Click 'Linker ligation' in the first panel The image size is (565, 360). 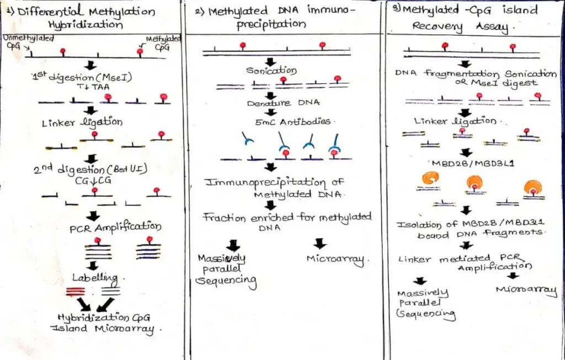click(x=82, y=122)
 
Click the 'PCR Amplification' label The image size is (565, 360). click(x=115, y=227)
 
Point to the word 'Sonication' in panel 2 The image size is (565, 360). click(x=271, y=71)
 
